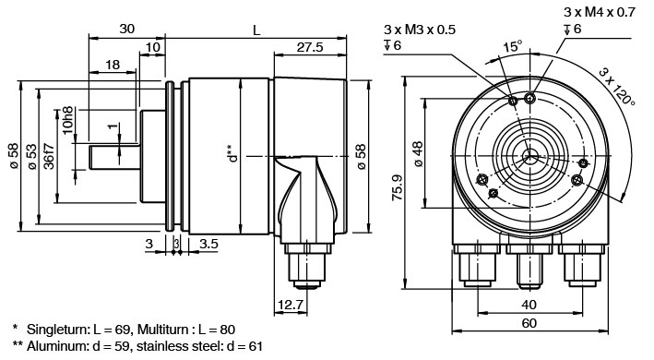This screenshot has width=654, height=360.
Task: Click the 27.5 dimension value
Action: [x=310, y=47]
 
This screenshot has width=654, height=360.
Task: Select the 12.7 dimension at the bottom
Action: [x=291, y=305]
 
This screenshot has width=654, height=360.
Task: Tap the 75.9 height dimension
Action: [x=398, y=187]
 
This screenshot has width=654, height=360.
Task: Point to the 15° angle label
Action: [x=512, y=46]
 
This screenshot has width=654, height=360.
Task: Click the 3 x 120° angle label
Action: [x=617, y=86]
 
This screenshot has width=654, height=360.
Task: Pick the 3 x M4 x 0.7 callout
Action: [x=600, y=12]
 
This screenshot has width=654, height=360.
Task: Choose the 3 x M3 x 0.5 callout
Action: [x=420, y=30]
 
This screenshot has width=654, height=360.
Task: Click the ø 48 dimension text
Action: [x=419, y=153]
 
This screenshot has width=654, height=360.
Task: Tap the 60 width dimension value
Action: [x=529, y=323]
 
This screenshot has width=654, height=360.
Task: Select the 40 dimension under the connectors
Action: [x=529, y=305]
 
